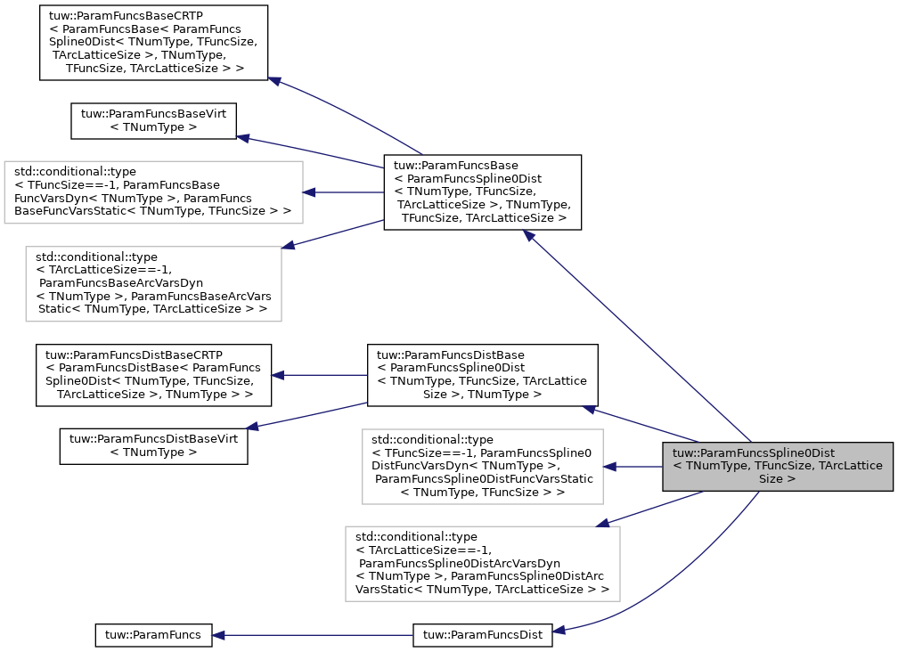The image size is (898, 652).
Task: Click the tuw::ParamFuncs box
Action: tap(153, 635)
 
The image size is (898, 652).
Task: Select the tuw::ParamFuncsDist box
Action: tap(482, 635)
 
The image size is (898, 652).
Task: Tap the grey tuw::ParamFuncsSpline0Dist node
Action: tap(777, 466)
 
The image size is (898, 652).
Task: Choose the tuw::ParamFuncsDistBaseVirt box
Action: tap(153, 445)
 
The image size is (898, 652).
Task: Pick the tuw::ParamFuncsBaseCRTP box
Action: tap(153, 43)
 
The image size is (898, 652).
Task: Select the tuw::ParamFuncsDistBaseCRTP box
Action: tap(153, 375)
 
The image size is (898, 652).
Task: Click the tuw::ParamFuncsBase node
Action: tap(482, 192)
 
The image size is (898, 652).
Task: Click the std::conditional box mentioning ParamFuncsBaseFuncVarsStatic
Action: tap(153, 192)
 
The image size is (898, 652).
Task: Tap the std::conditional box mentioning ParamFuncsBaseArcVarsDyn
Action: tap(153, 283)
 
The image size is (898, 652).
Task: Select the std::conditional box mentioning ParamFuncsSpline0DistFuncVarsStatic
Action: tap(482, 466)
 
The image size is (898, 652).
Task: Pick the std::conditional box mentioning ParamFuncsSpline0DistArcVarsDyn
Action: tap(482, 563)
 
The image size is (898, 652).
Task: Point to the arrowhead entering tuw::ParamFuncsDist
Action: tap(559, 632)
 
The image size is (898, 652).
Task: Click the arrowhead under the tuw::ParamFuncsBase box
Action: tap(529, 236)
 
